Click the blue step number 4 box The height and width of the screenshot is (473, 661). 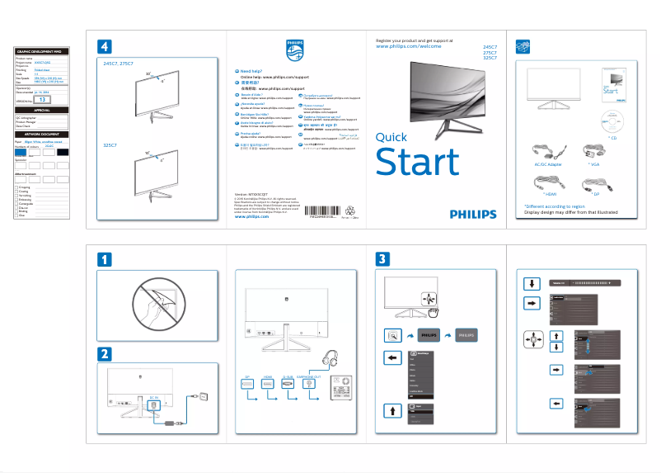[x=105, y=45]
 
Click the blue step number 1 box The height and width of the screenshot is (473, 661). [x=105, y=258]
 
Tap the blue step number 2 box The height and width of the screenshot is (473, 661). [x=105, y=354]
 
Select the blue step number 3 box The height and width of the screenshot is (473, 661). [x=382, y=258]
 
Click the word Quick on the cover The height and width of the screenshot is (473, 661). [x=391, y=137]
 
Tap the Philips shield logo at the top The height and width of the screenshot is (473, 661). [x=295, y=49]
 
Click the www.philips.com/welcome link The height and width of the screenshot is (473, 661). [x=408, y=47]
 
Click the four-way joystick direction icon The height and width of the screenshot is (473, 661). [x=533, y=338]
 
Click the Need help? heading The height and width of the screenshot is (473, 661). [x=251, y=71]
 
